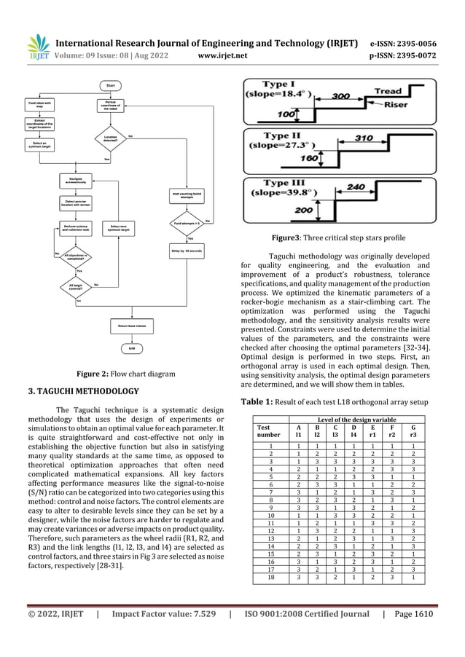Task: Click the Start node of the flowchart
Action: (x=112, y=85)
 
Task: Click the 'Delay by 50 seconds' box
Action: (x=186, y=251)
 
